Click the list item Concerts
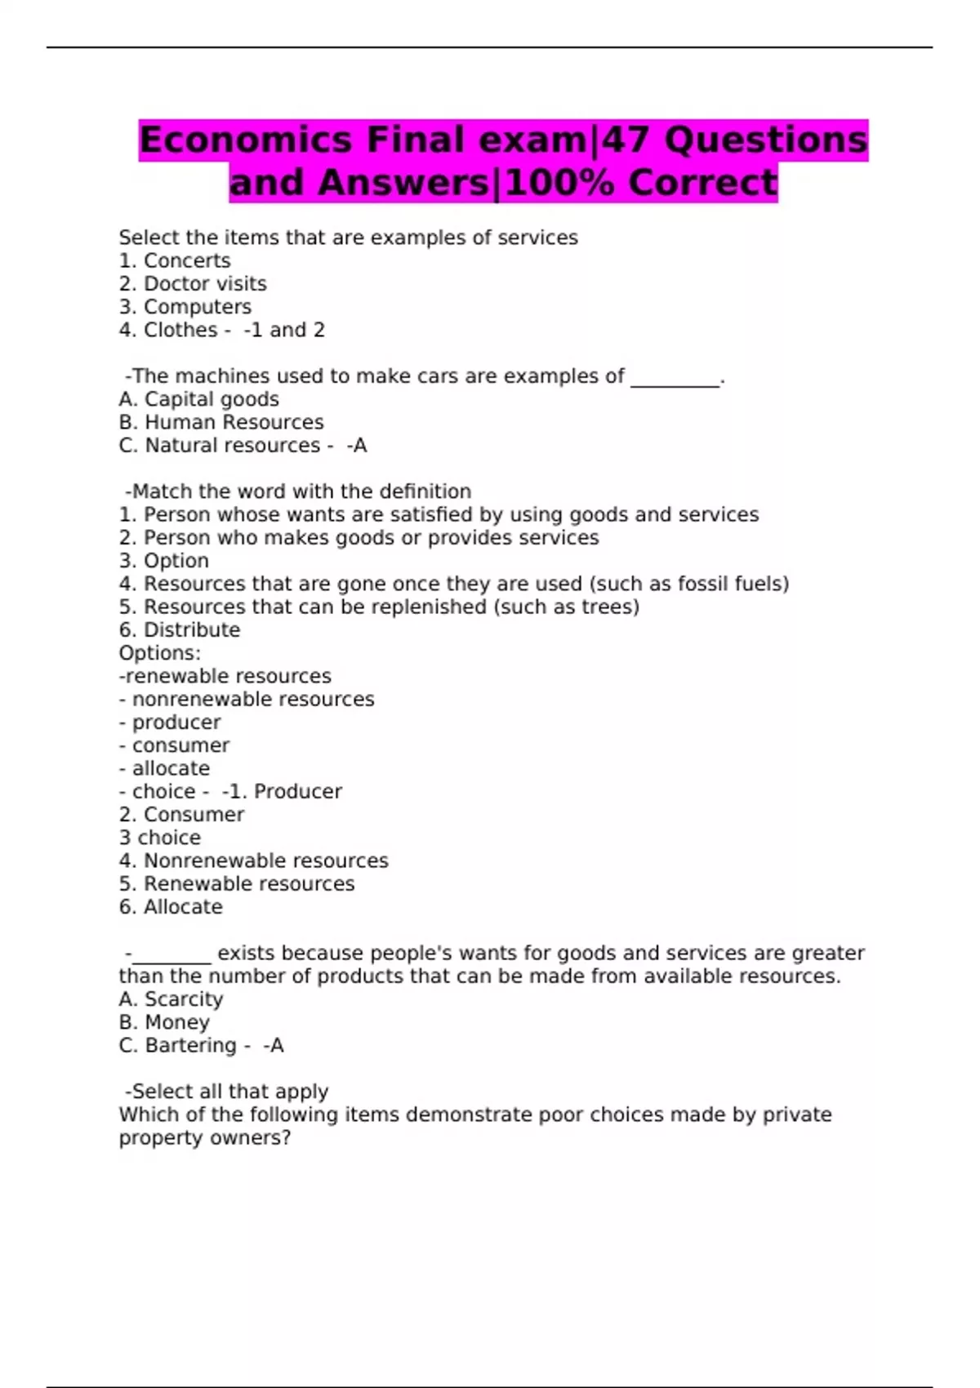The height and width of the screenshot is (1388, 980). click(x=186, y=260)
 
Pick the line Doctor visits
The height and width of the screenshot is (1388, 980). click(x=204, y=283)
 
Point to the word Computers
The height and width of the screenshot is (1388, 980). click(x=197, y=307)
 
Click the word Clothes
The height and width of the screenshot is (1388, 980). click(x=180, y=330)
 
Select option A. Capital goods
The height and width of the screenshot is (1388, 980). click(x=198, y=399)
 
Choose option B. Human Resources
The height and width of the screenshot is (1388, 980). click(x=220, y=422)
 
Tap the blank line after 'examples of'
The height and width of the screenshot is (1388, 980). click(x=675, y=378)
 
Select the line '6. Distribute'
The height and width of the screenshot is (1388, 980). click(x=180, y=630)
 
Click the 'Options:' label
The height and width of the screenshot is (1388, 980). click(x=159, y=653)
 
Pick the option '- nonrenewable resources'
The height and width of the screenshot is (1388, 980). click(x=247, y=699)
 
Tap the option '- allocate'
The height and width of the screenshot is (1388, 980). click(x=164, y=768)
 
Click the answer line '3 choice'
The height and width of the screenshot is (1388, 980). click(x=159, y=838)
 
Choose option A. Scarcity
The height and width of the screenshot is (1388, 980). click(x=171, y=999)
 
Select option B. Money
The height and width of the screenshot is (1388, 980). click(x=164, y=1022)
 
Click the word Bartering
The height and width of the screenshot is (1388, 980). click(x=190, y=1045)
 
